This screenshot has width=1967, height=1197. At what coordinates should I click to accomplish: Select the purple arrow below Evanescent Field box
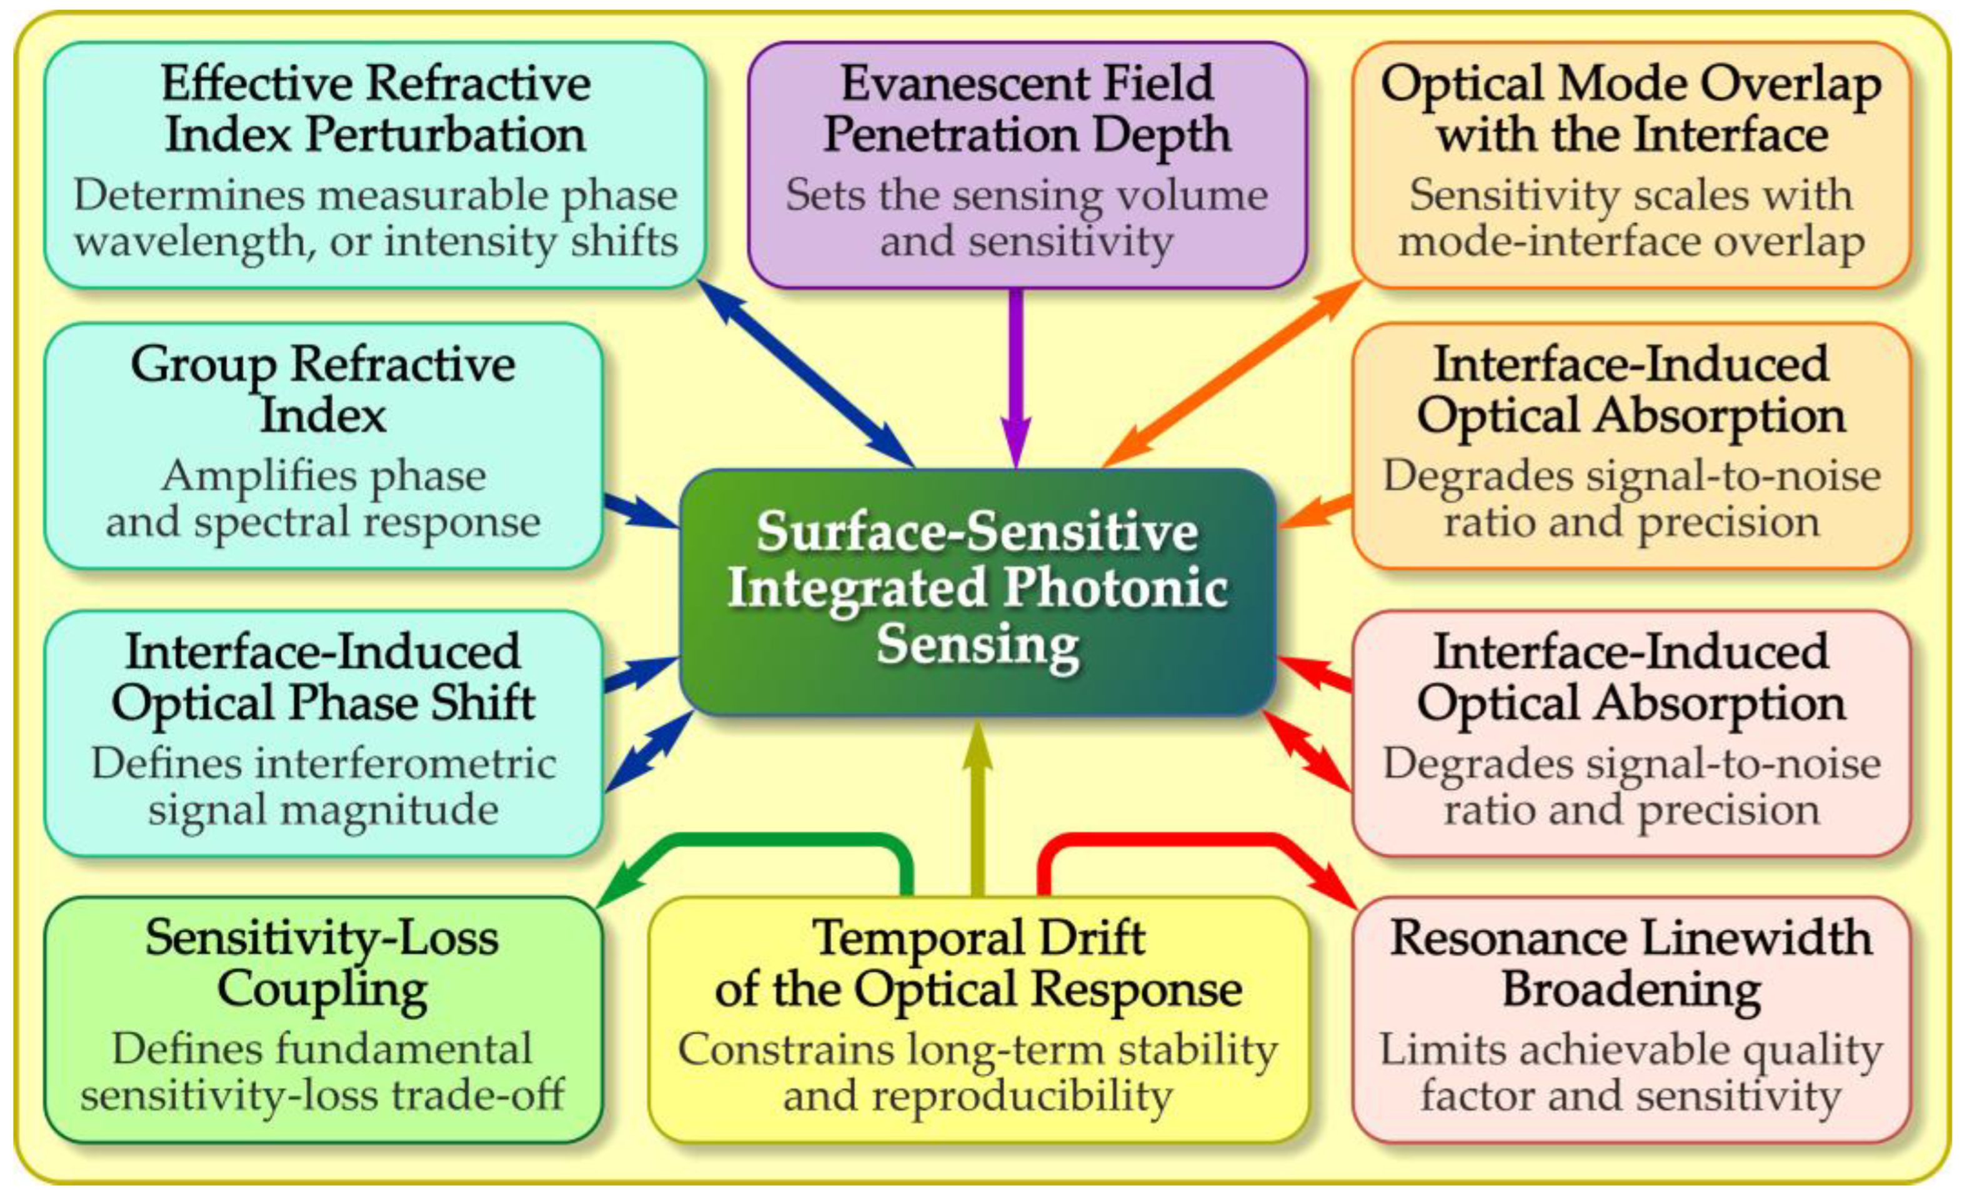click(x=1015, y=375)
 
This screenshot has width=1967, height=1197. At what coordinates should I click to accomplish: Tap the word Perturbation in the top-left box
click(x=446, y=134)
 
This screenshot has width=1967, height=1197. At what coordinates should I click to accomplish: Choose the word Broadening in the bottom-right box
click(x=1631, y=990)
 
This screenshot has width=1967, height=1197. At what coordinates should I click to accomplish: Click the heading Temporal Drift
click(x=979, y=938)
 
